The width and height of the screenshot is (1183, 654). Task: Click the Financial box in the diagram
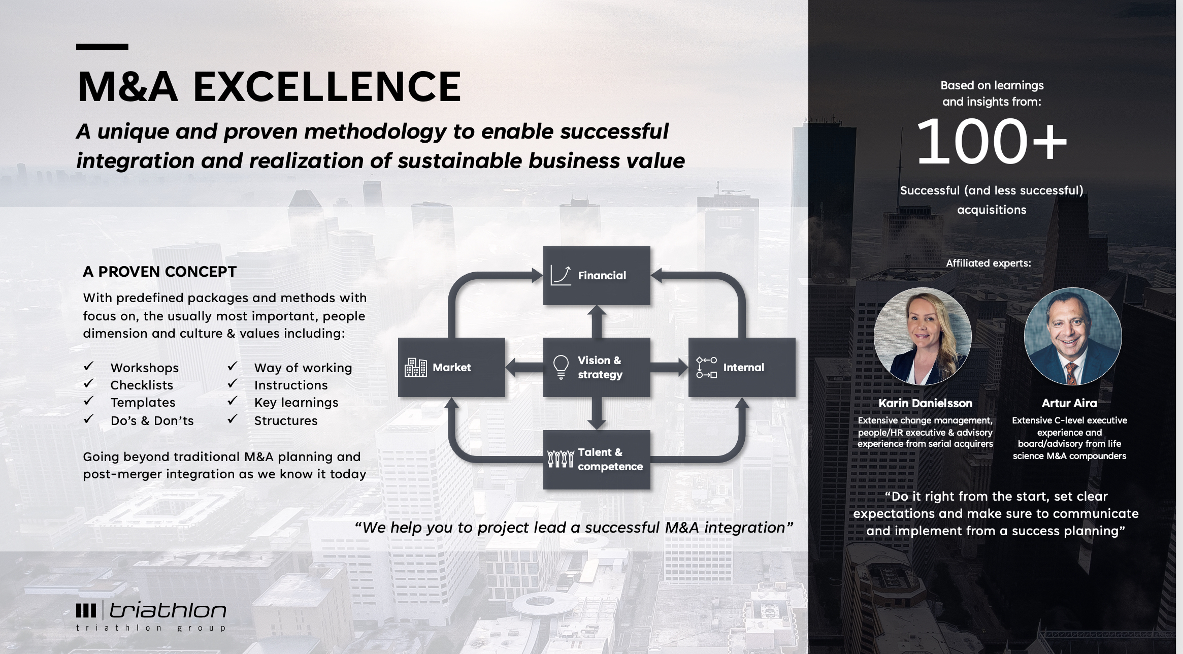597,275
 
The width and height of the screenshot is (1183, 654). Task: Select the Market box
451,367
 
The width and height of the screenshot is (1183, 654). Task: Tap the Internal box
742,367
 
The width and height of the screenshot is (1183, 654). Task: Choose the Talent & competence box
597,460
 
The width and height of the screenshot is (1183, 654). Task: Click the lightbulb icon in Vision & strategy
561,367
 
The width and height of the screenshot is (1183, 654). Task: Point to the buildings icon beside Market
415,367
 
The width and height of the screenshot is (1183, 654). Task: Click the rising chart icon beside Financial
561,275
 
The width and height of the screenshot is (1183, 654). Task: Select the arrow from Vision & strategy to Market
524,367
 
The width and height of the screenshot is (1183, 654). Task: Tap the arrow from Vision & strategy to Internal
669,367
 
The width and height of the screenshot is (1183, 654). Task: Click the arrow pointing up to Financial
597,321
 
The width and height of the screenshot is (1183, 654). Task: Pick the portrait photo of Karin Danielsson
923,336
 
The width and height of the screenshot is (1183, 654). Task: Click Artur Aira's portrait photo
1073,336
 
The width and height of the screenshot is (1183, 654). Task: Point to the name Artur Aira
1069,403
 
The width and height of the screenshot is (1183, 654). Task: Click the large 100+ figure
992,141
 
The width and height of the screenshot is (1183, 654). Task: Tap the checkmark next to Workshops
88,366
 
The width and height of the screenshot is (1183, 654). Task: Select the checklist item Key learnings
296,403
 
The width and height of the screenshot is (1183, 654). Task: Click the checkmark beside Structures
233,419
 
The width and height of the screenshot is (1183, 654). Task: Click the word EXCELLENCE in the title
327,86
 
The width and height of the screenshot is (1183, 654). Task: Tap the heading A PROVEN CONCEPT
159,272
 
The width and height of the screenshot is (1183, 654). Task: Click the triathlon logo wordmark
168,610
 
